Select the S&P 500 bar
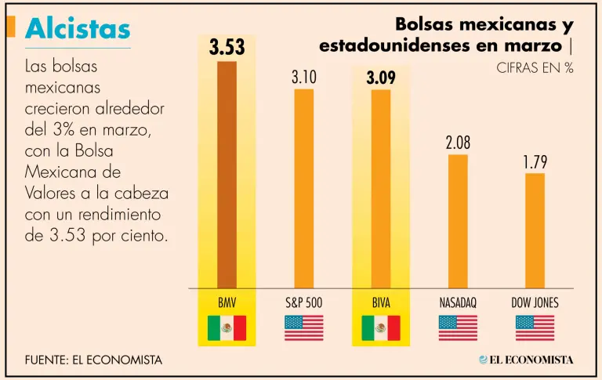pos(303,188)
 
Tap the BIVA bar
pos(381,189)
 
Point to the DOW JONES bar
pos(535,230)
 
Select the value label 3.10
pos(303,78)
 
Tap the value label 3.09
pos(381,78)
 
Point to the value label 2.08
pos(458,143)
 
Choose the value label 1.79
pos(535,162)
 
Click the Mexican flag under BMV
pos(227,328)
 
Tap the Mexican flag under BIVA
pos(381,328)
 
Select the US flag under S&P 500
pos(303,328)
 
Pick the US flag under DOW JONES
pos(535,328)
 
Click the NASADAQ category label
pos(458,302)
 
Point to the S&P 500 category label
pos(303,302)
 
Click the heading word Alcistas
pos(78,29)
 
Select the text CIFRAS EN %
pos(535,68)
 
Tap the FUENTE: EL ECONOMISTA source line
pos(94,360)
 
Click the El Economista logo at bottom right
pos(526,360)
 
